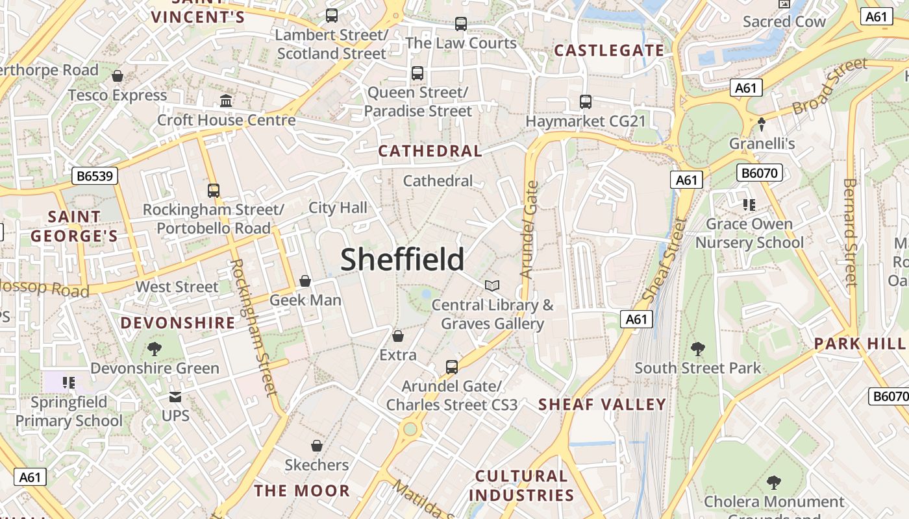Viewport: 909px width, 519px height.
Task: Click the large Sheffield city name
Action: tap(402, 259)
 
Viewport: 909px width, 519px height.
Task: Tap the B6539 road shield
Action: tap(95, 176)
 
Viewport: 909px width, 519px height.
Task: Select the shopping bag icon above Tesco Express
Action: tap(118, 76)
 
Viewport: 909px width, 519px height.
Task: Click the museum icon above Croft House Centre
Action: tap(226, 101)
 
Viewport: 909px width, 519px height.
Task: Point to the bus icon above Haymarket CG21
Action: tap(585, 102)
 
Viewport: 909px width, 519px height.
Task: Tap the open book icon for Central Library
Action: tap(492, 285)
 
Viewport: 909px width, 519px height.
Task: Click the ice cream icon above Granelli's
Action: tap(762, 124)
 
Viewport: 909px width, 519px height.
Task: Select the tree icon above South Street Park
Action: tap(697, 349)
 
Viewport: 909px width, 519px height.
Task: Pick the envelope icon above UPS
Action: tap(175, 396)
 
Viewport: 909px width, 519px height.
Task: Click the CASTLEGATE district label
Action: tap(609, 51)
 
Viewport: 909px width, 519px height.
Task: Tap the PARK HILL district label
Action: tap(859, 343)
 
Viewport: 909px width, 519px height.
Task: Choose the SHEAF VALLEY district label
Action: tap(602, 405)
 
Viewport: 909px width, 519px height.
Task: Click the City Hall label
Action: tap(338, 208)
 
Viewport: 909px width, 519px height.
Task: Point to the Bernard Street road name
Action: tap(850, 232)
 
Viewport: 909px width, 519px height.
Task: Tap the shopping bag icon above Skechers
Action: tap(317, 446)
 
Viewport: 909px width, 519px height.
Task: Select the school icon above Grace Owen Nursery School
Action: tap(749, 205)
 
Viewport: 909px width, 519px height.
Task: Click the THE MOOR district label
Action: tap(302, 490)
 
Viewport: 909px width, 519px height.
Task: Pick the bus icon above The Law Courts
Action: tap(461, 24)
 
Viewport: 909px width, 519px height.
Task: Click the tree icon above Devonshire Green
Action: tap(154, 349)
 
